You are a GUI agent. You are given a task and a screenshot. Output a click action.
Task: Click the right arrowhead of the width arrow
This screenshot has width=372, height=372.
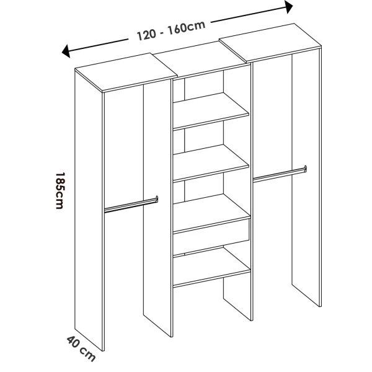[x=288, y=7]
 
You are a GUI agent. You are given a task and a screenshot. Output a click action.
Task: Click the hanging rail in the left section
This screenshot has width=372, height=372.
[x=130, y=205]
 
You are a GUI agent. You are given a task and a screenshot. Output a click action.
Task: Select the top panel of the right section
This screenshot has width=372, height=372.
[x=273, y=46]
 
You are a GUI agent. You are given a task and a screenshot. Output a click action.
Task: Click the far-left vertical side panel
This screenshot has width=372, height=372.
[x=89, y=211]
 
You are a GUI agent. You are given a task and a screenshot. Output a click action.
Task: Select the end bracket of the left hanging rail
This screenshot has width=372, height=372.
[x=156, y=199]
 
